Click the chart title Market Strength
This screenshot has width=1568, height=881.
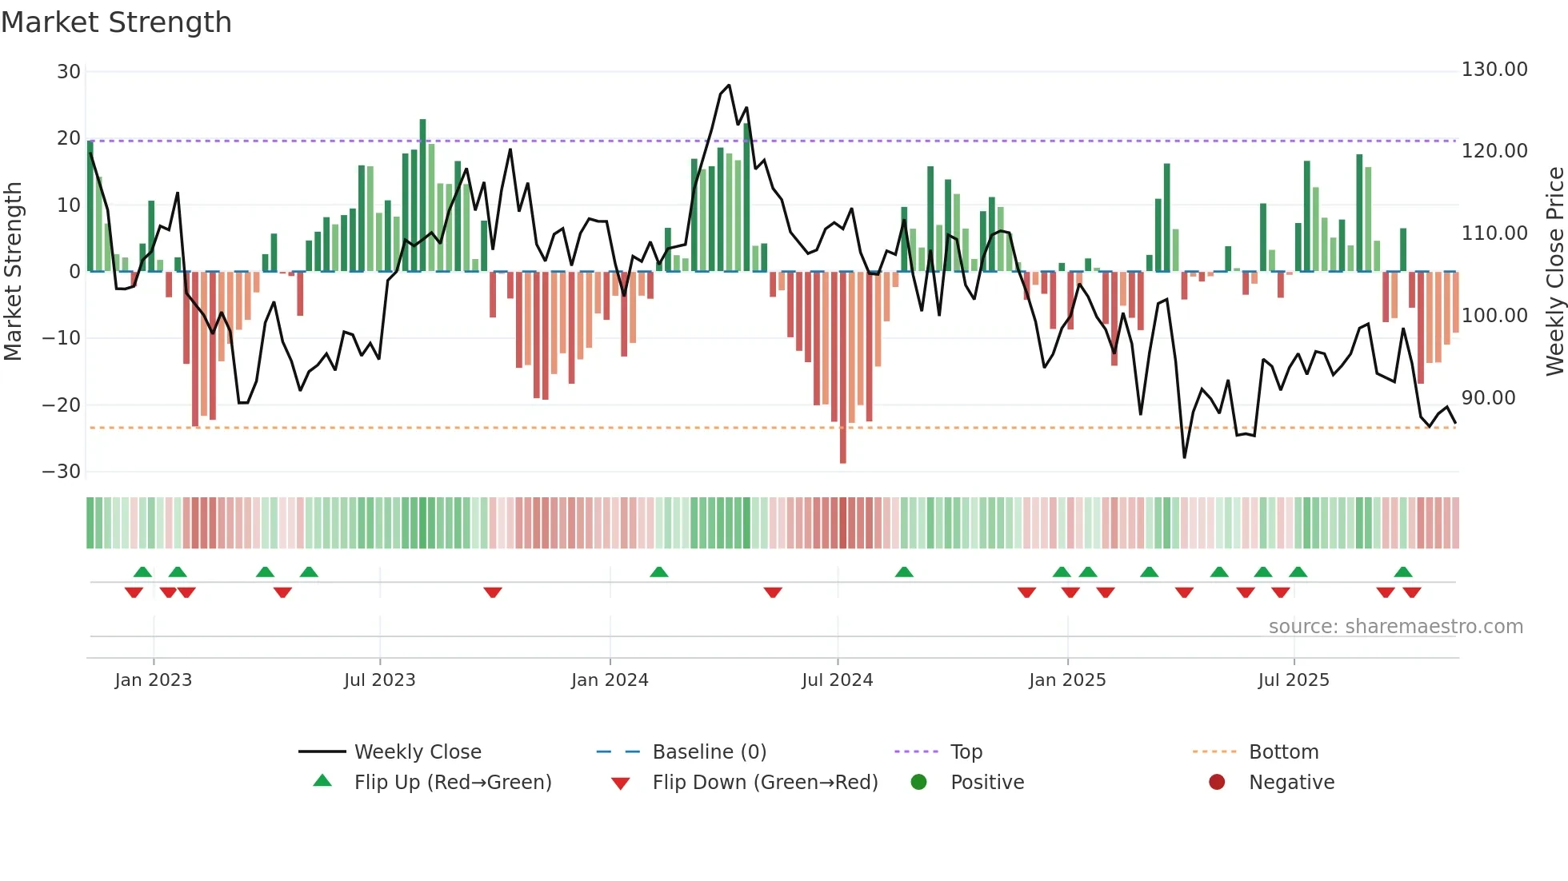(116, 22)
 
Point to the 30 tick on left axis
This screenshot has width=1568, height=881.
(69, 72)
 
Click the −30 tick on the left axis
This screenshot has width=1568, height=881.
(62, 472)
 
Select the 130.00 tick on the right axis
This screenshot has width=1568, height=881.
(1494, 70)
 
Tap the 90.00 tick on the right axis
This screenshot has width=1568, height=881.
(1488, 398)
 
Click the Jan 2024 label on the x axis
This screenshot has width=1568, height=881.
(610, 680)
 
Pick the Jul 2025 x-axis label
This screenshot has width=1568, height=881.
(1294, 680)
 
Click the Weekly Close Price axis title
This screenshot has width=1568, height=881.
(1554, 272)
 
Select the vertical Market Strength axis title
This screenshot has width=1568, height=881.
(13, 272)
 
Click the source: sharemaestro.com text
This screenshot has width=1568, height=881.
(1395, 627)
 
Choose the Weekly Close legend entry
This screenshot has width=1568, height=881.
(418, 752)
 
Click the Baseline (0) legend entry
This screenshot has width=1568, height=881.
(709, 752)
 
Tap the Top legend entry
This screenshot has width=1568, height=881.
(966, 752)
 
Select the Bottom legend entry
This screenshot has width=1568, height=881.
(1283, 752)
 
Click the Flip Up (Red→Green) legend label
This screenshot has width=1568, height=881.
(453, 783)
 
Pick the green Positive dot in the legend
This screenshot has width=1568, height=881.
(918, 783)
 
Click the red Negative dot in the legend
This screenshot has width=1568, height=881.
(1217, 783)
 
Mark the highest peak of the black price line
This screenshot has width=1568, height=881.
(729, 86)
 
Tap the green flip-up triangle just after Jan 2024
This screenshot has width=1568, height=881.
(659, 572)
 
